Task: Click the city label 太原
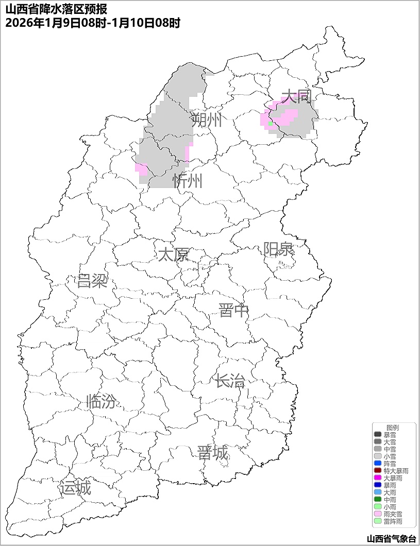173,254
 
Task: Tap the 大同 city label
296,96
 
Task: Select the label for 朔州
206,121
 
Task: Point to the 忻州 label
188,181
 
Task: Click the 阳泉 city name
278,249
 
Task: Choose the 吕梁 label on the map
92,281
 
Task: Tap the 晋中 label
233,311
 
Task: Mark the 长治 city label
230,381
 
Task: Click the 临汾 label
101,401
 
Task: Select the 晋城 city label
212,453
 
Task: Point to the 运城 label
75,488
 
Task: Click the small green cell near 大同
271,124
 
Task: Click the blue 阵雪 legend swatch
378,464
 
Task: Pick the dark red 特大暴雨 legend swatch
378,471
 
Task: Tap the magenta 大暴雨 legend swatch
378,478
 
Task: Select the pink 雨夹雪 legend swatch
378,514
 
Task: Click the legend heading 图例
393,428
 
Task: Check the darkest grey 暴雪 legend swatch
378,435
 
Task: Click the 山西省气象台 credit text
391,539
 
